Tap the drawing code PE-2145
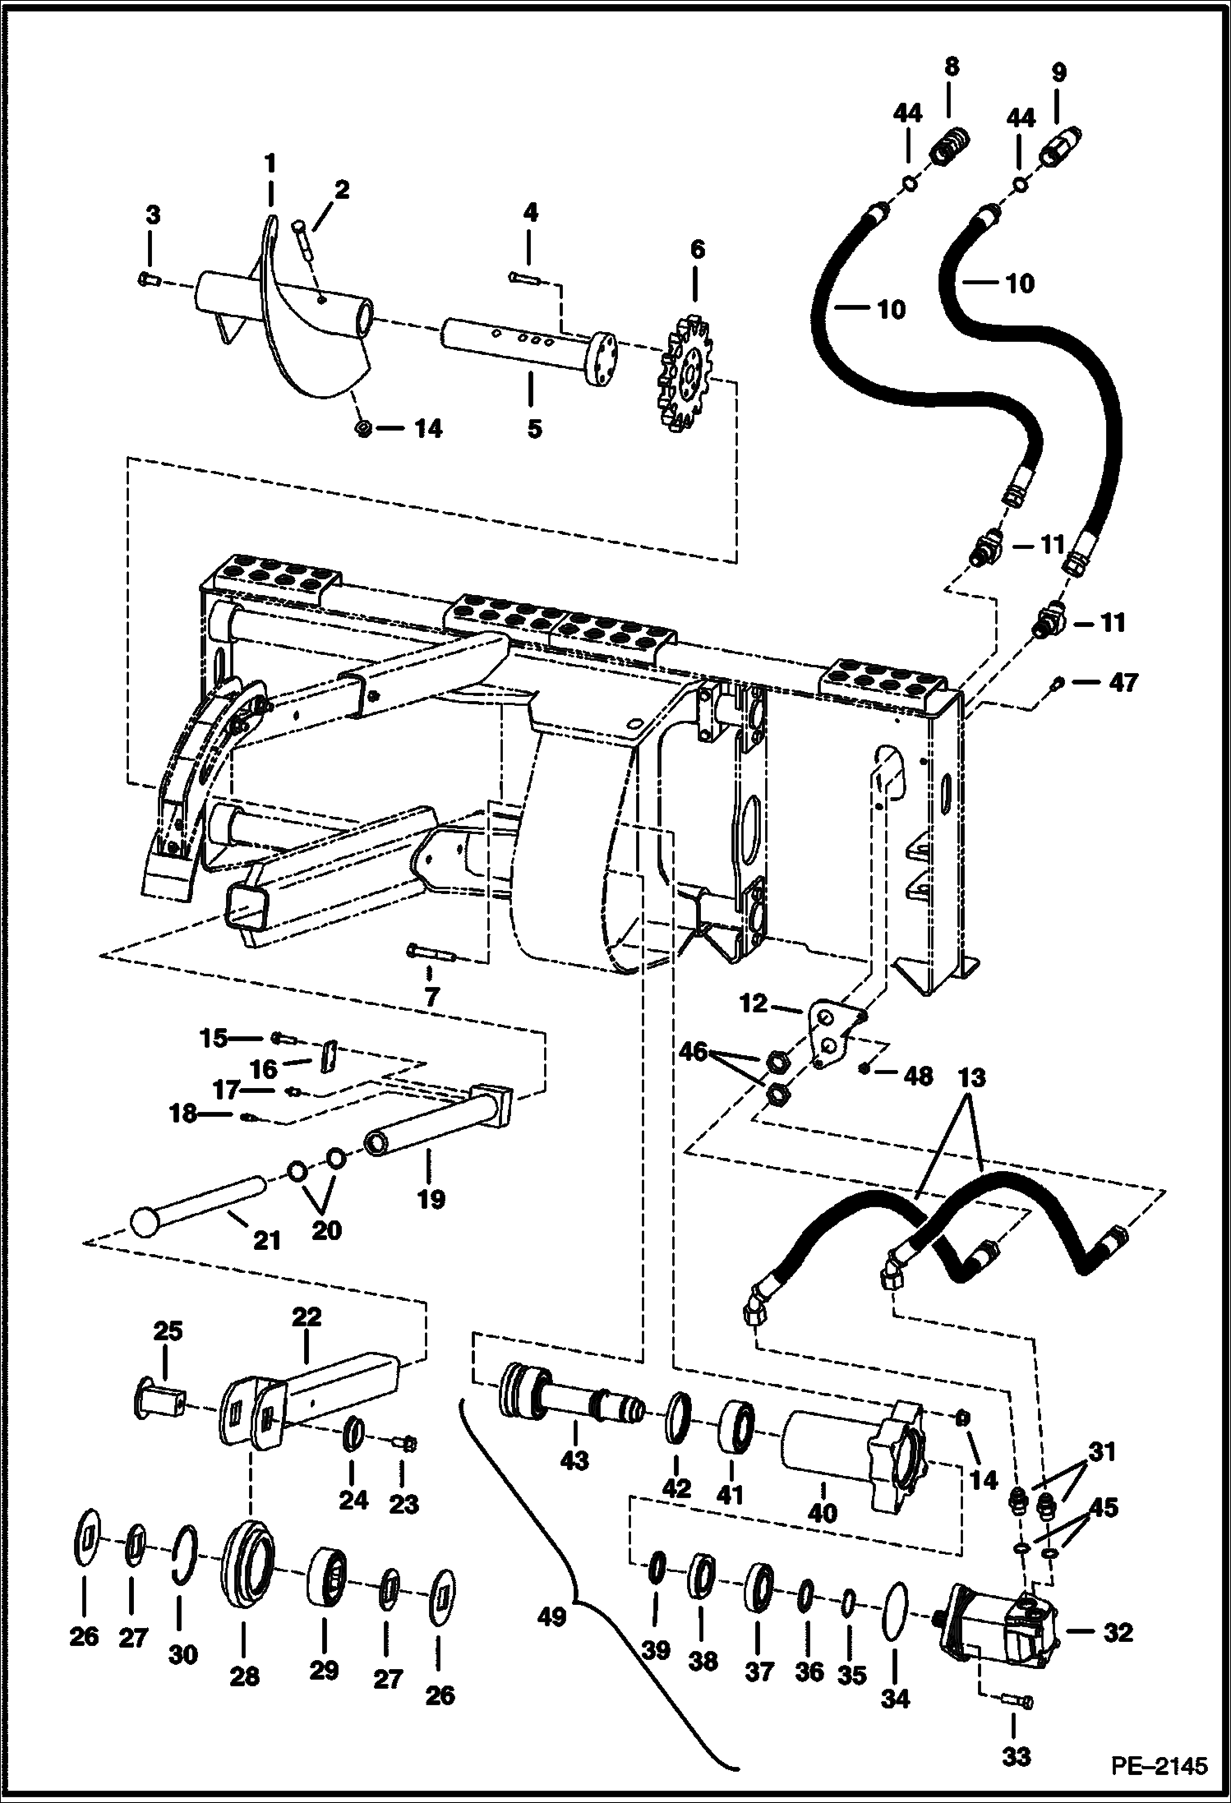coord(1160,1765)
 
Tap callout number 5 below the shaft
coord(534,428)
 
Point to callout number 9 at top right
coord(1058,72)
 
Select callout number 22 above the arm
coord(306,1317)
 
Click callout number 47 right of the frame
coord(1123,682)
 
